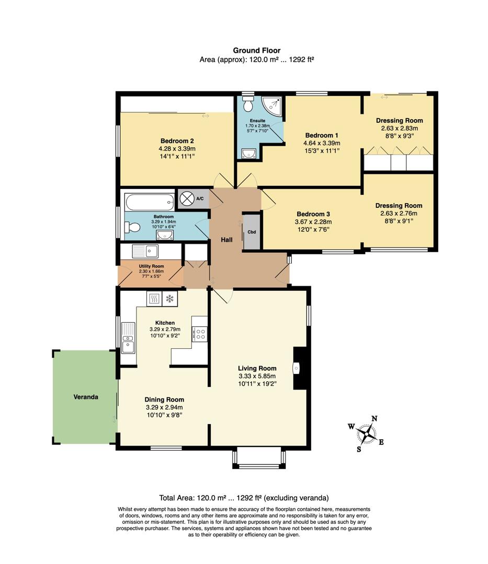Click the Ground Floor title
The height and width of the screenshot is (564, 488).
pyautogui.click(x=256, y=51)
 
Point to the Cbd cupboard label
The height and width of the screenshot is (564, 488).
pyautogui.click(x=252, y=232)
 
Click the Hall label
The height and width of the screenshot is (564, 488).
pyautogui.click(x=226, y=239)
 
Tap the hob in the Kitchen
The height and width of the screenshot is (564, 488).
pyautogui.click(x=199, y=334)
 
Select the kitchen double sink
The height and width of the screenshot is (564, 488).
pyautogui.click(x=128, y=338)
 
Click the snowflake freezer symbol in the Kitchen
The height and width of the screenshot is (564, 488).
pyautogui.click(x=169, y=299)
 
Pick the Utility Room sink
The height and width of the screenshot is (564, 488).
pyautogui.click(x=145, y=251)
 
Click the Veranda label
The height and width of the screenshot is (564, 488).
pyautogui.click(x=86, y=397)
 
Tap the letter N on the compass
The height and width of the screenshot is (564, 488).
pyautogui.click(x=374, y=418)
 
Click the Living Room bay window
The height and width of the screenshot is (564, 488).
pyautogui.click(x=259, y=458)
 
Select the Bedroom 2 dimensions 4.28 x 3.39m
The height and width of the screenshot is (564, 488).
pyautogui.click(x=174, y=149)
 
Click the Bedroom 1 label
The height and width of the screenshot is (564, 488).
pyautogui.click(x=321, y=135)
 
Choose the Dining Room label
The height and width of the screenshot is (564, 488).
pyautogui.click(x=164, y=399)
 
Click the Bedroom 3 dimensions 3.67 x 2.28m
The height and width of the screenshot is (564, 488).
pyautogui.click(x=313, y=222)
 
